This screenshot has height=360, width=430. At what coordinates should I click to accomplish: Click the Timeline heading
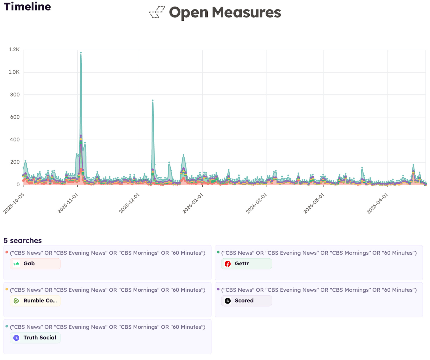27,6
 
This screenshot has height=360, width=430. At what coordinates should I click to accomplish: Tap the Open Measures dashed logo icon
157,12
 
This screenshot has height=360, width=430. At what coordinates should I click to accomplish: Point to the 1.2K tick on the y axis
14,49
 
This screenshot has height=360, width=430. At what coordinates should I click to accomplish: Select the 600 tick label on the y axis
15,117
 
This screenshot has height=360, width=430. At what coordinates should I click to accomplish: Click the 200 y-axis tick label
15,162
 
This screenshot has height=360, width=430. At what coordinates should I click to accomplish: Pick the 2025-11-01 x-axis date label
68,203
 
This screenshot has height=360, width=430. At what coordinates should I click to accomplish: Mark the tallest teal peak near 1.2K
81,53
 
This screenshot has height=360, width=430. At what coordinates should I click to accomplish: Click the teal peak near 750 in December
153,101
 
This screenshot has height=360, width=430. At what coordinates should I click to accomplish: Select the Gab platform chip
35,264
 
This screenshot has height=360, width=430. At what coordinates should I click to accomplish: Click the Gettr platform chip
246,264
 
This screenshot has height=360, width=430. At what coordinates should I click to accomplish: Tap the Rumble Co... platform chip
35,301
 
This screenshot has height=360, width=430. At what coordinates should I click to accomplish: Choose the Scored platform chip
246,301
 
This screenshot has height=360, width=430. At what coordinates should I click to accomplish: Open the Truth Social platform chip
35,338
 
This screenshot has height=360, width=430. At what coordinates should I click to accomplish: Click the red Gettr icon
228,264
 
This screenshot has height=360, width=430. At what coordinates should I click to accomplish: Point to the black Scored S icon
228,301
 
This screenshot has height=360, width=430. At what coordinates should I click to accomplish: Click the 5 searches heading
23,240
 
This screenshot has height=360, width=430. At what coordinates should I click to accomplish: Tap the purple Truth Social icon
16,338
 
